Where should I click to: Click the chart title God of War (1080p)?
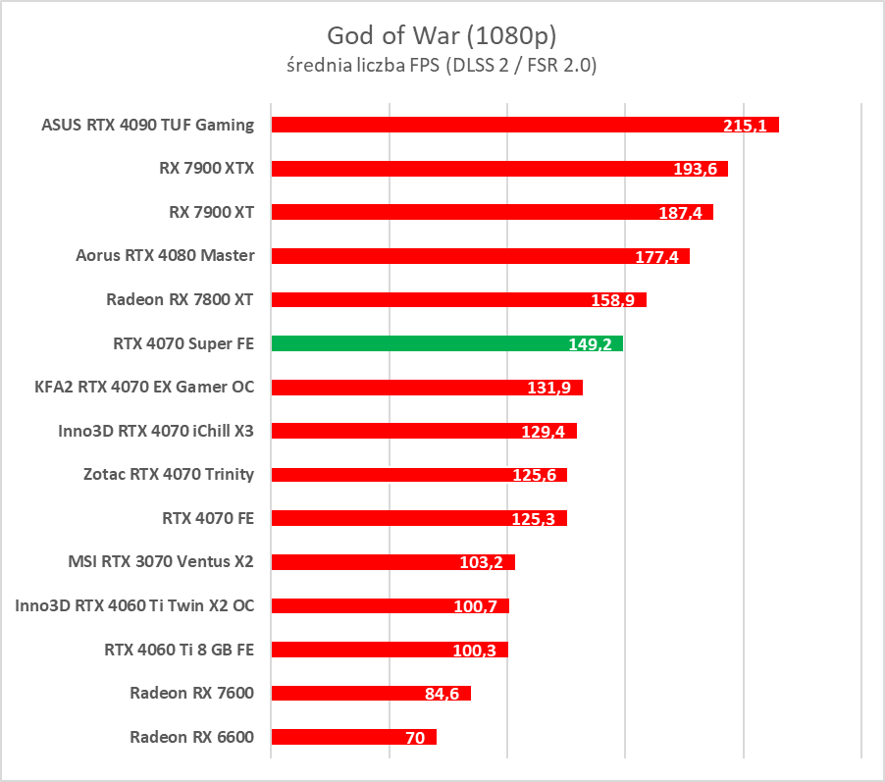pyautogui.click(x=442, y=36)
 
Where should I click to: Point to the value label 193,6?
pyautogui.click(x=695, y=169)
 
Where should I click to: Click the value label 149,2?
pyautogui.click(x=590, y=344)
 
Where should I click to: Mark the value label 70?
pyautogui.click(x=415, y=738)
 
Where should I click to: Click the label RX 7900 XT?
pyautogui.click(x=211, y=211)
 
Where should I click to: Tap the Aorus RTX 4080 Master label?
pyautogui.click(x=165, y=255)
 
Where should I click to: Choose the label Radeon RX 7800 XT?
pyautogui.click(x=180, y=299)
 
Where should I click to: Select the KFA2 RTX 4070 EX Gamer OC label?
pyautogui.click(x=144, y=387)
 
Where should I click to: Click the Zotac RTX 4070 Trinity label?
pyautogui.click(x=169, y=474)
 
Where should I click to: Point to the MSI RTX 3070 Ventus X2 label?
pyautogui.click(x=161, y=561)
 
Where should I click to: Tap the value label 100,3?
pyautogui.click(x=476, y=651)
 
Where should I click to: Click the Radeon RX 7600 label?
pyautogui.click(x=191, y=693)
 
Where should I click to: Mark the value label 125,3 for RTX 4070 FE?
pyautogui.click(x=535, y=519)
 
